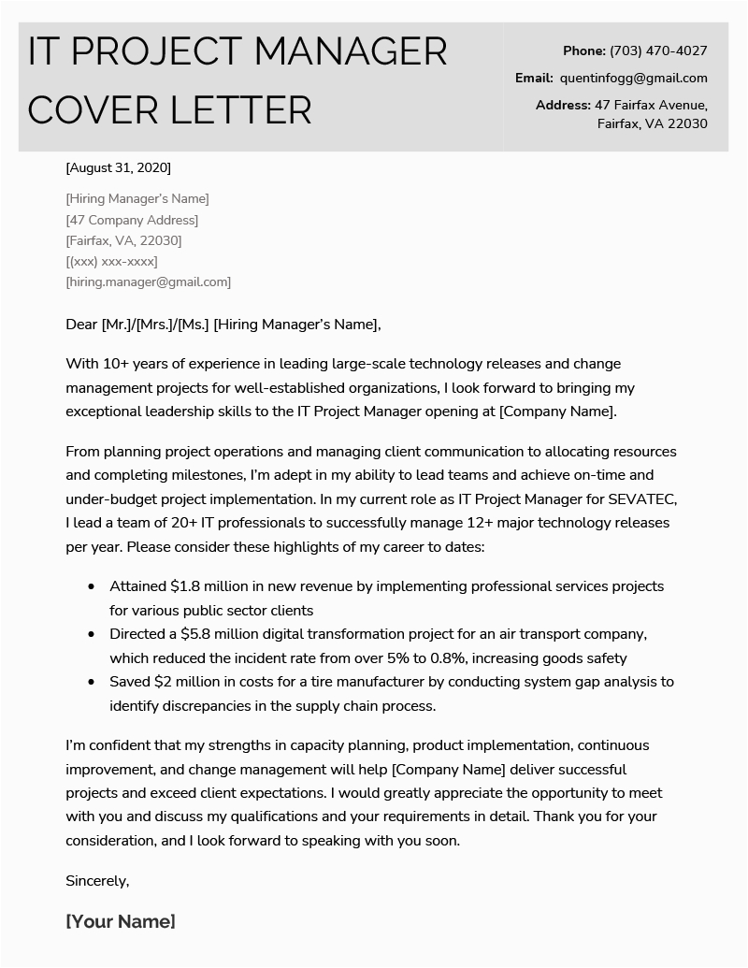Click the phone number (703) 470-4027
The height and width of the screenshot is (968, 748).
pos(658,51)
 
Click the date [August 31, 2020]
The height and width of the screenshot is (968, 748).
pos(119,168)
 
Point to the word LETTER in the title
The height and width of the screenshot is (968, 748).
pos(240,109)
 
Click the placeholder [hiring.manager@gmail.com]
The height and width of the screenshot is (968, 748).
pos(149,282)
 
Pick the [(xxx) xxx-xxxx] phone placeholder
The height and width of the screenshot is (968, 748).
pos(111,261)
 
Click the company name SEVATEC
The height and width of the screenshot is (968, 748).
pos(633,498)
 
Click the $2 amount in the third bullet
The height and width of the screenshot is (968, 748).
pos(160,682)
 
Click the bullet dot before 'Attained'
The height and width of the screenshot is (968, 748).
pos(91,587)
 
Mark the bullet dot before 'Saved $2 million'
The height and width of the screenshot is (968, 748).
pos(91,683)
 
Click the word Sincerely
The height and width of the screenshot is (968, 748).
pos(97,880)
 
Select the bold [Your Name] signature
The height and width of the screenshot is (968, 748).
pos(121,921)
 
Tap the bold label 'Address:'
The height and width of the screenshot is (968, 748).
pos(563,105)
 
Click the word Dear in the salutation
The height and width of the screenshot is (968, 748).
pos(81,325)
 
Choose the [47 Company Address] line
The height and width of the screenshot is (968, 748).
pos(132,220)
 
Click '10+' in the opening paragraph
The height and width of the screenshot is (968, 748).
pos(115,364)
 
